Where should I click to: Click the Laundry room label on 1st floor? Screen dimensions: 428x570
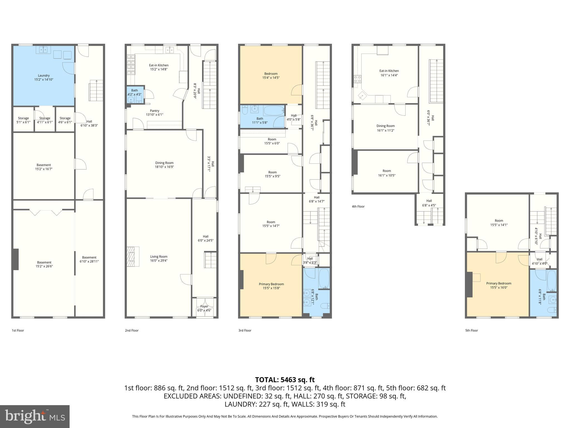(x=44, y=77)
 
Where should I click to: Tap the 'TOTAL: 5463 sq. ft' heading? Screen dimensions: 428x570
(x=285, y=380)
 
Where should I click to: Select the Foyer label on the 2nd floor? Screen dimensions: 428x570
(x=204, y=308)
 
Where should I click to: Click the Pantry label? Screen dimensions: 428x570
(x=154, y=113)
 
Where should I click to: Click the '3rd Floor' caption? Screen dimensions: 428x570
(x=245, y=330)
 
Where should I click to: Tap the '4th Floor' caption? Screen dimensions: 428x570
(x=358, y=206)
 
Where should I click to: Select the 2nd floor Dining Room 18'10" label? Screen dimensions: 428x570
(x=164, y=165)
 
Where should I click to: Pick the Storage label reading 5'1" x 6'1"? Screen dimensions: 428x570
(x=23, y=120)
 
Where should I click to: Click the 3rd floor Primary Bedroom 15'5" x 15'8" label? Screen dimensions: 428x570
(x=271, y=286)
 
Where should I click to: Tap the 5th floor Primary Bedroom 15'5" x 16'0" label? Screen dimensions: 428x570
(x=499, y=285)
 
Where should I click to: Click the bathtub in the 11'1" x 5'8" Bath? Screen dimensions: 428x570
(x=273, y=110)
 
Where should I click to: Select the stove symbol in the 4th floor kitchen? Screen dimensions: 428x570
(x=358, y=79)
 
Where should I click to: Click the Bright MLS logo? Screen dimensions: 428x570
(x=35, y=417)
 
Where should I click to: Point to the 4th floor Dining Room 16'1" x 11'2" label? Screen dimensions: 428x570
(x=385, y=128)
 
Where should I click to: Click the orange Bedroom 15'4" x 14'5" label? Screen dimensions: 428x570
(x=271, y=76)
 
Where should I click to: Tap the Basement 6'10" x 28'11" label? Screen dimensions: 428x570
(x=89, y=259)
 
